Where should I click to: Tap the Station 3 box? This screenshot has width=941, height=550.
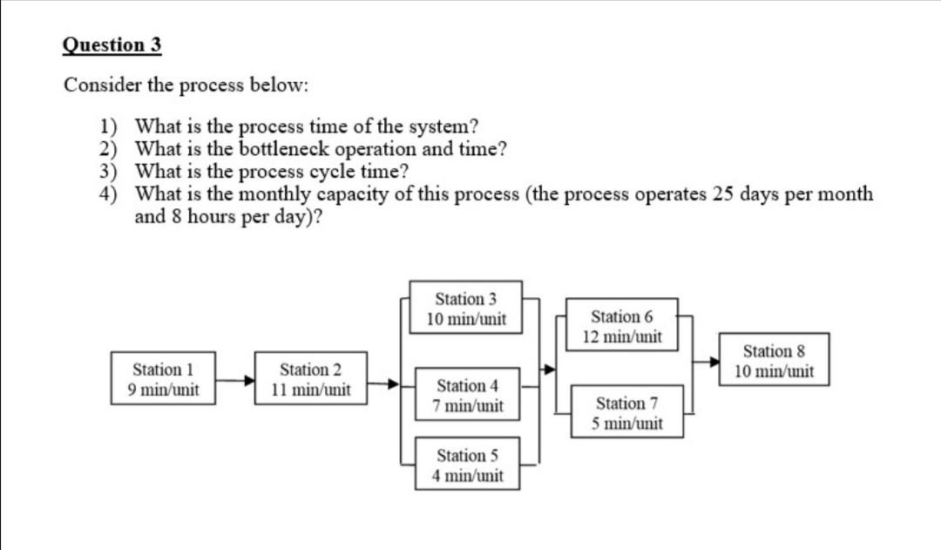[466, 309]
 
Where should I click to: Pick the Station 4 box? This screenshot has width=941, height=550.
[470, 395]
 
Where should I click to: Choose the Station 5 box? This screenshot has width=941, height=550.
[470, 465]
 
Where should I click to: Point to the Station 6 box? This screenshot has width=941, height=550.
[621, 325]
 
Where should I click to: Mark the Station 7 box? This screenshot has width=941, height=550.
[626, 413]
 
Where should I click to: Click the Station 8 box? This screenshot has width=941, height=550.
[773, 361]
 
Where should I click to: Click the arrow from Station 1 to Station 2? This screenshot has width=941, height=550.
[234, 380]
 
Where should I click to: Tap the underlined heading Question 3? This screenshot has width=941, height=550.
[112, 45]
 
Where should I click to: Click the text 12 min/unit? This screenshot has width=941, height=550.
[622, 336]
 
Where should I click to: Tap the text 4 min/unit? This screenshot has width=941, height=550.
[470, 476]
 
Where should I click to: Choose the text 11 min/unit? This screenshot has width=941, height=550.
[311, 390]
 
